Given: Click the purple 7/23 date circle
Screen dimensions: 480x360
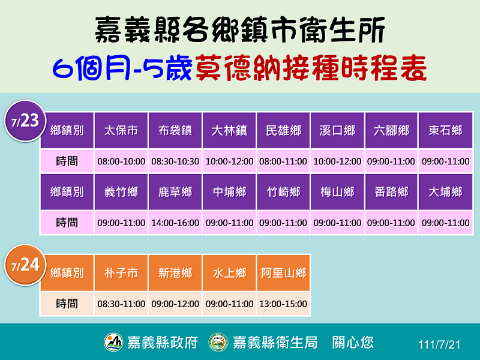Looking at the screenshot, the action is (25, 121).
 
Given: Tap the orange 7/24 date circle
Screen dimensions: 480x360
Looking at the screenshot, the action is (25, 265).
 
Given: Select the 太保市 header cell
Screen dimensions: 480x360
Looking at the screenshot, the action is (121, 131).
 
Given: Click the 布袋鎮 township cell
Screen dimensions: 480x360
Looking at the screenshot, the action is (175, 131).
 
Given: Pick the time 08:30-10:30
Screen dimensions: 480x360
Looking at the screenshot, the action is (175, 161).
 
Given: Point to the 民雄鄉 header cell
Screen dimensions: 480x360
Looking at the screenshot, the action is (283, 131).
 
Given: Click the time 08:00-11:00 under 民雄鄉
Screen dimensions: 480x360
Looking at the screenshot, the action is (283, 161).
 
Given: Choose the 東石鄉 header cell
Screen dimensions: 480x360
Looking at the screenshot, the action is (445, 131).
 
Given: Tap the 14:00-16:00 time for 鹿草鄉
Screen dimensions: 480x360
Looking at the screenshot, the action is (175, 223).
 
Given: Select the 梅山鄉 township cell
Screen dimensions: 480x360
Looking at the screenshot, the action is (337, 192).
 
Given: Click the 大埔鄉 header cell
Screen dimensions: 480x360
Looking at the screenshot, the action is (445, 192).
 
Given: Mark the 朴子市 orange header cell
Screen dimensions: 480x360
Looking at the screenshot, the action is (121, 273).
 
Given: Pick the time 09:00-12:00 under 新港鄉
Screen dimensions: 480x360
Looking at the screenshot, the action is (175, 304).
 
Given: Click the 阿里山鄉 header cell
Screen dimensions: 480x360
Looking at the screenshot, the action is (283, 273).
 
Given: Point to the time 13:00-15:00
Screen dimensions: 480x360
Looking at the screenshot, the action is (283, 304).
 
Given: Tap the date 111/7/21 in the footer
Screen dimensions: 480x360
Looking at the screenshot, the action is (439, 345).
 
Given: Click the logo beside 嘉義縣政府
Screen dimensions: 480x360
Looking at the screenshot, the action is (113, 342).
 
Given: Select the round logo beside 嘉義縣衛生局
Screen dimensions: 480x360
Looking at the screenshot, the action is (218, 342).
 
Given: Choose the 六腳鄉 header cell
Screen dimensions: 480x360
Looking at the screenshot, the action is (391, 131).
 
